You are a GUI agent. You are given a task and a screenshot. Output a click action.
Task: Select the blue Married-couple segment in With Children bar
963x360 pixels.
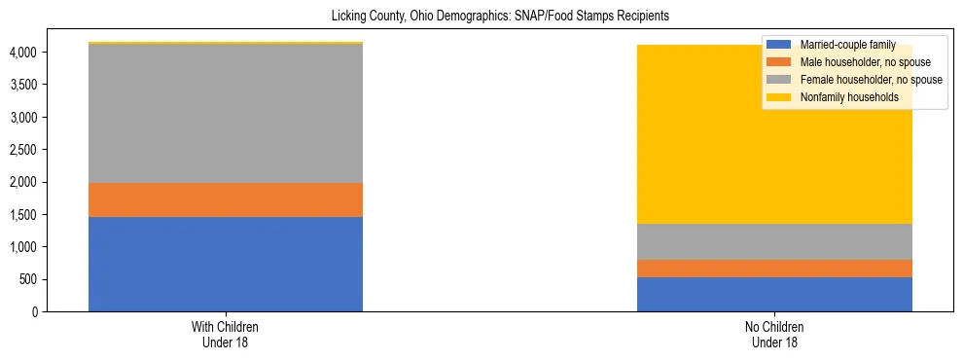(x=226, y=264)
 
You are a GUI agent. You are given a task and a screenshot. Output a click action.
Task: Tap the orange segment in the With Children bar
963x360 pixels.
(x=226, y=199)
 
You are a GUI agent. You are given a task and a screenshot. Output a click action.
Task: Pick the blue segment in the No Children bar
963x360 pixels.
(x=774, y=294)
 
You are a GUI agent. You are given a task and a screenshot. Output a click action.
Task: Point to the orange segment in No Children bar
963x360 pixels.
(x=774, y=269)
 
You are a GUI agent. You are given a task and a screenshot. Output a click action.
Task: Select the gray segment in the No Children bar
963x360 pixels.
(x=774, y=241)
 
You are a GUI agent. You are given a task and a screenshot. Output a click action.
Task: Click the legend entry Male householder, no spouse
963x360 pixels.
(x=855, y=62)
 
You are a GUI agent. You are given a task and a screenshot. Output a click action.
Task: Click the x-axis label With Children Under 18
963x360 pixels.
(x=226, y=335)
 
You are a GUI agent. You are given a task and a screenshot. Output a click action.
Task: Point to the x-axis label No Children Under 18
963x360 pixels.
(x=774, y=335)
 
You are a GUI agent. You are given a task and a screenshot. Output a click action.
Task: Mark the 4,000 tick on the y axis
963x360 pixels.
(x=25, y=53)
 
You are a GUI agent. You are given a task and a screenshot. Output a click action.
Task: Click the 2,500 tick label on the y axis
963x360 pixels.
(x=25, y=150)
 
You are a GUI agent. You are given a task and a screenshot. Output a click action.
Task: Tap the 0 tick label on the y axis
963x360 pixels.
(x=35, y=312)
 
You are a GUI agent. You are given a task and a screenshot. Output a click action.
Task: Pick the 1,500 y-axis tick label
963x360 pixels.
(x=25, y=215)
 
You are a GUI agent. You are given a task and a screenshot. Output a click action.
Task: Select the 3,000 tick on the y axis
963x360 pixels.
(x=25, y=118)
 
